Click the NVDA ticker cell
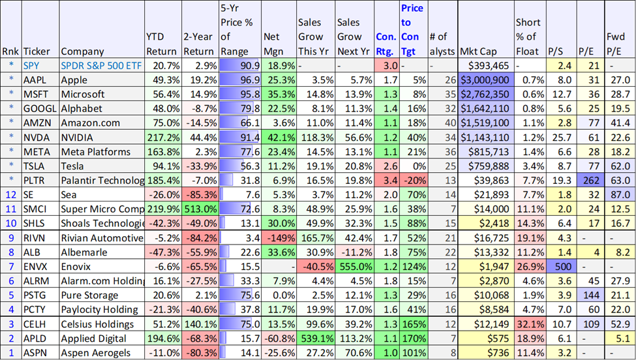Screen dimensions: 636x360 point(40,138)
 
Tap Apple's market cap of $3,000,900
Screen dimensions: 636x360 point(486,80)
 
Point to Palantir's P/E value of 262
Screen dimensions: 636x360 point(590,181)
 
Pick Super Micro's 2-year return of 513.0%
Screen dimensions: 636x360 point(200,209)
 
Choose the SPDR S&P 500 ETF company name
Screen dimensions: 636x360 point(101,66)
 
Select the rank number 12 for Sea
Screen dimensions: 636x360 point(11,195)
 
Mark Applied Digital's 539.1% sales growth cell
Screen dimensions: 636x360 point(315,338)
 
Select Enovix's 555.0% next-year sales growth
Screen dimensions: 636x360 point(354,267)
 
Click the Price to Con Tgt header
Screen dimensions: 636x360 point(412,29)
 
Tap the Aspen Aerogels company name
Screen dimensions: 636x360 point(96,353)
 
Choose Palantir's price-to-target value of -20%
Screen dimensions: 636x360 point(414,181)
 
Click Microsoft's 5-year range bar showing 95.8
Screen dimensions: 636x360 point(239,95)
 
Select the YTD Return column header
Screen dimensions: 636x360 point(161,44)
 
